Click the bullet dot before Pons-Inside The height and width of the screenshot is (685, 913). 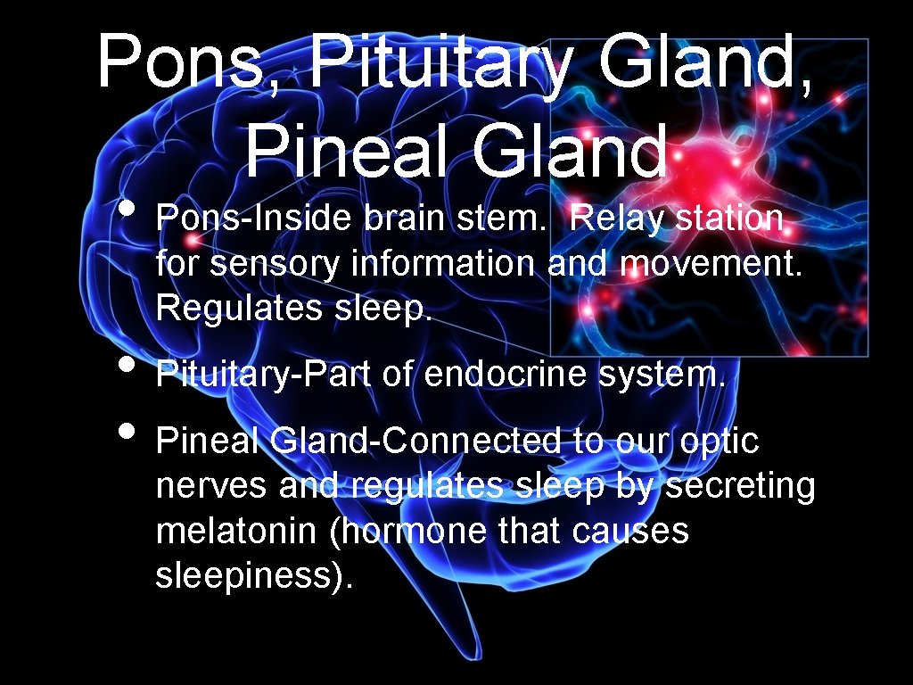[127, 211]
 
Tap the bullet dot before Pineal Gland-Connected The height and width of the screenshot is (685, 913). [127, 432]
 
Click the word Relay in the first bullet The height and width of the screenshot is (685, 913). [616, 218]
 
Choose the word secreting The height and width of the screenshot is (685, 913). [741, 487]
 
